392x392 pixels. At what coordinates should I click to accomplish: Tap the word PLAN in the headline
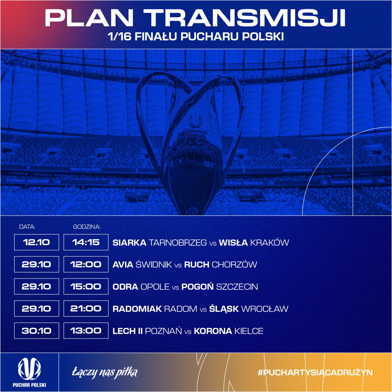click(89, 18)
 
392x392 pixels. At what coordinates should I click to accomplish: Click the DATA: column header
click(27, 227)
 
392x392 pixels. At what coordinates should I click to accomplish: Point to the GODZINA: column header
click(87, 227)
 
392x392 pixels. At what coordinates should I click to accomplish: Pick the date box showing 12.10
click(37, 242)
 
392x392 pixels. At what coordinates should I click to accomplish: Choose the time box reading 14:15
click(86, 242)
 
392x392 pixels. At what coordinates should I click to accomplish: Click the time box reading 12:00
click(86, 264)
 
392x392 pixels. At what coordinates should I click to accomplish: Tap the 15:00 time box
click(86, 286)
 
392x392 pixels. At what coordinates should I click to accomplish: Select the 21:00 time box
click(86, 309)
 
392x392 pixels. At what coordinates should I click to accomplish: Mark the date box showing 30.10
click(37, 331)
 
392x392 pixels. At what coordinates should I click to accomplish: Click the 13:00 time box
click(86, 331)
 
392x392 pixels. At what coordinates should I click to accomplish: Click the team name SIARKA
click(129, 243)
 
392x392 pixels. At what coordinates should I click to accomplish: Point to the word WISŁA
click(233, 243)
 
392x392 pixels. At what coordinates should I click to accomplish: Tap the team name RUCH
click(197, 265)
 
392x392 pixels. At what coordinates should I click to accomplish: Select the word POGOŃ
click(197, 286)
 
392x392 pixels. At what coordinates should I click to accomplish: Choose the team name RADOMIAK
click(137, 309)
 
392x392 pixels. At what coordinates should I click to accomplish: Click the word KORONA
click(213, 331)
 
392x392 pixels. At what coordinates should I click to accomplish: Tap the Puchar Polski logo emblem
click(29, 369)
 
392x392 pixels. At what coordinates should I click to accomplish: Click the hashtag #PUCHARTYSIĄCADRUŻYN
click(315, 373)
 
